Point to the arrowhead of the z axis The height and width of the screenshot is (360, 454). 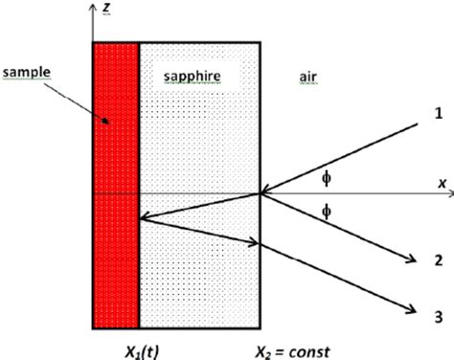93,9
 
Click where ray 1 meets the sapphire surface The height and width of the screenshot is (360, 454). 261,194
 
